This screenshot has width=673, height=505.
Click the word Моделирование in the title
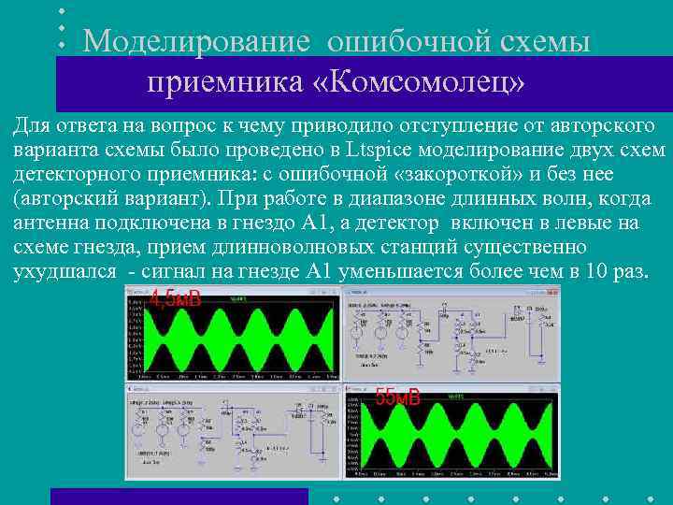(195, 41)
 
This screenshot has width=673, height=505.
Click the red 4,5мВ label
(175, 299)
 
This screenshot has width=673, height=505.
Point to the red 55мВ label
(397, 397)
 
